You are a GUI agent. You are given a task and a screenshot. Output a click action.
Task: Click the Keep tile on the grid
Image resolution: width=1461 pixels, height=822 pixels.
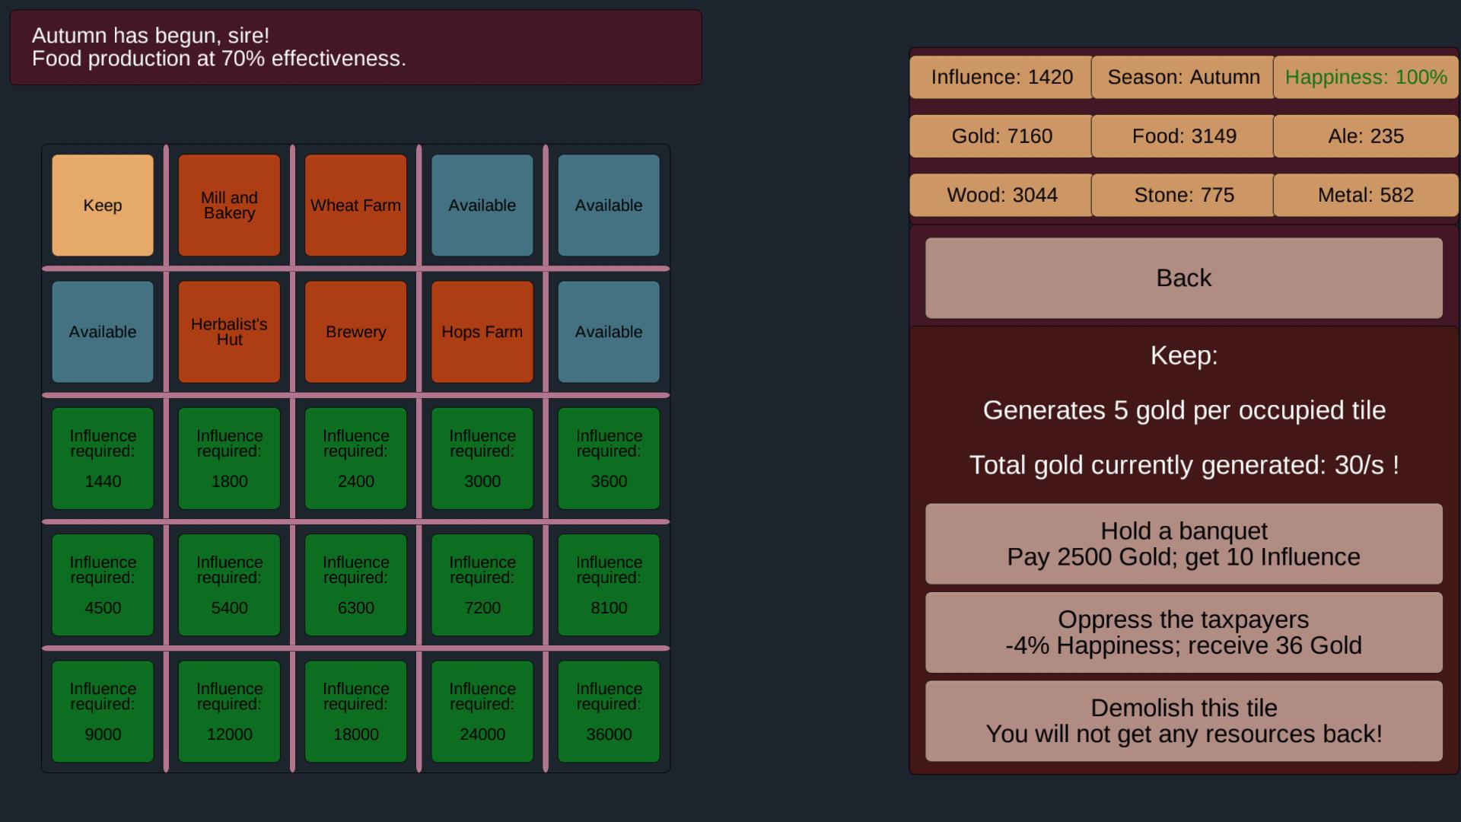pos(103,205)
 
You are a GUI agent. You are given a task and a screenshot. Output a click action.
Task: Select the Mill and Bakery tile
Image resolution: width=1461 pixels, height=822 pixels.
pos(229,205)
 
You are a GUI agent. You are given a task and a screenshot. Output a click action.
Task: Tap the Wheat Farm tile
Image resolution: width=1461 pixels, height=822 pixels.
pos(355,205)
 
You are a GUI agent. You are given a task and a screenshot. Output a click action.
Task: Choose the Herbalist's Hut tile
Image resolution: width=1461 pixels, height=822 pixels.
pos(229,332)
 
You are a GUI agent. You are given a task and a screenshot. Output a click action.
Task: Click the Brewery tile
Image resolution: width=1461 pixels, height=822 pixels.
pos(355,332)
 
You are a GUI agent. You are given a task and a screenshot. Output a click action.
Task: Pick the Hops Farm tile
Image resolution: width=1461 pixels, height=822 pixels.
pos(482,332)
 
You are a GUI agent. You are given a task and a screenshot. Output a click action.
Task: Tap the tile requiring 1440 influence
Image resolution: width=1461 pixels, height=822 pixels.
pos(103,458)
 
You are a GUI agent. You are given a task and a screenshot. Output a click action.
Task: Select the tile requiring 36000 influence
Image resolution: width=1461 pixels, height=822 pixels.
pos(609,711)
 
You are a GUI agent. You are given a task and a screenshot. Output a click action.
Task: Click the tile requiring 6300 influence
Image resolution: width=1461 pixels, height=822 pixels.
pos(355,585)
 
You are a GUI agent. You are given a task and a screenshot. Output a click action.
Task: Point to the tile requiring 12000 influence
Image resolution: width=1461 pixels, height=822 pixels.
pos(229,711)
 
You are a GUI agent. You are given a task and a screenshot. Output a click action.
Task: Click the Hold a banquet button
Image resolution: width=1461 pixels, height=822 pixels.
pos(1183,543)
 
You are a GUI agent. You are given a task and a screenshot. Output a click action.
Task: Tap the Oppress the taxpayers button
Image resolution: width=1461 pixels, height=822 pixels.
pos(1183,632)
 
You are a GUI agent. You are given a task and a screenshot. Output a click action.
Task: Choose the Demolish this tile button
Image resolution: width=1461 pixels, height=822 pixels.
pos(1183,721)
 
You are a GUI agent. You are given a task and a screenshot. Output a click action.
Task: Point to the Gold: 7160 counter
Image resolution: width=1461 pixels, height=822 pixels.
pos(1001,136)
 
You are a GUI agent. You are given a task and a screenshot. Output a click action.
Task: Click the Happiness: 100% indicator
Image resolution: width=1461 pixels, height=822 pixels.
pos(1366,77)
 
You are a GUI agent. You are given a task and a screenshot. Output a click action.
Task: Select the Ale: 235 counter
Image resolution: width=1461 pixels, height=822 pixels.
pos(1366,136)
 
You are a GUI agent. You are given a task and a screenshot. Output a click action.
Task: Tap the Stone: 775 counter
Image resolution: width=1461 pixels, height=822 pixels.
pos(1183,195)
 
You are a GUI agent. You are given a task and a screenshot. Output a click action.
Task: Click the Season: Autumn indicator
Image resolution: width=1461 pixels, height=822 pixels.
pos(1183,77)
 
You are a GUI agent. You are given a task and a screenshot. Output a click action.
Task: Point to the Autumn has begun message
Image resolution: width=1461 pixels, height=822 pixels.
pos(355,47)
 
